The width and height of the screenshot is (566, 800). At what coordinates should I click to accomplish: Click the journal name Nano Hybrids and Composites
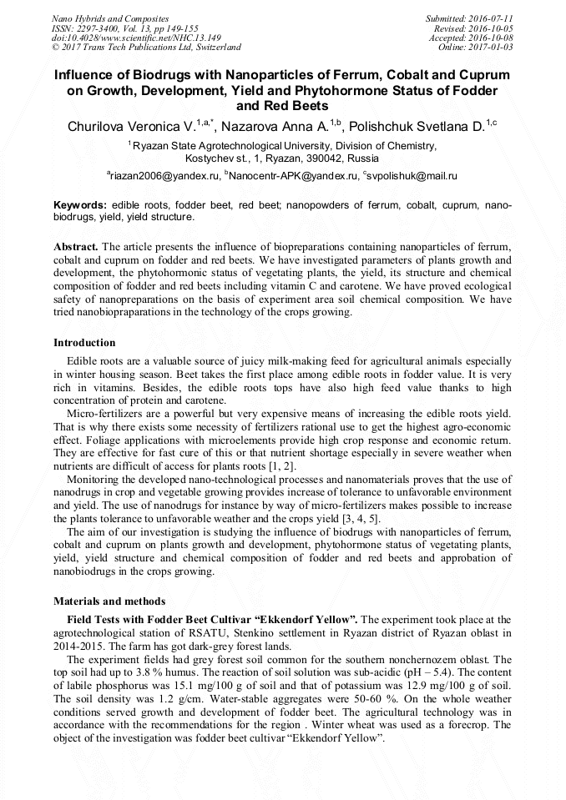click(x=109, y=18)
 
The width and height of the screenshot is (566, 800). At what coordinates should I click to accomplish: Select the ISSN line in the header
click(x=125, y=28)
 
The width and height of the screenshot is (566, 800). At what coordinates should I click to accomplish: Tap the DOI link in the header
click(x=136, y=38)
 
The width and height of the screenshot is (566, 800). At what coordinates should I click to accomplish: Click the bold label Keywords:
click(x=80, y=205)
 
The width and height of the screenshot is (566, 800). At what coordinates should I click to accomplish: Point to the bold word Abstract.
click(x=76, y=248)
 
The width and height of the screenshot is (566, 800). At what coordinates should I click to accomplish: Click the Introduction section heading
click(x=84, y=343)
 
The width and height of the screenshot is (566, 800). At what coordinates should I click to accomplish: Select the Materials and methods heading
click(x=109, y=601)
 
